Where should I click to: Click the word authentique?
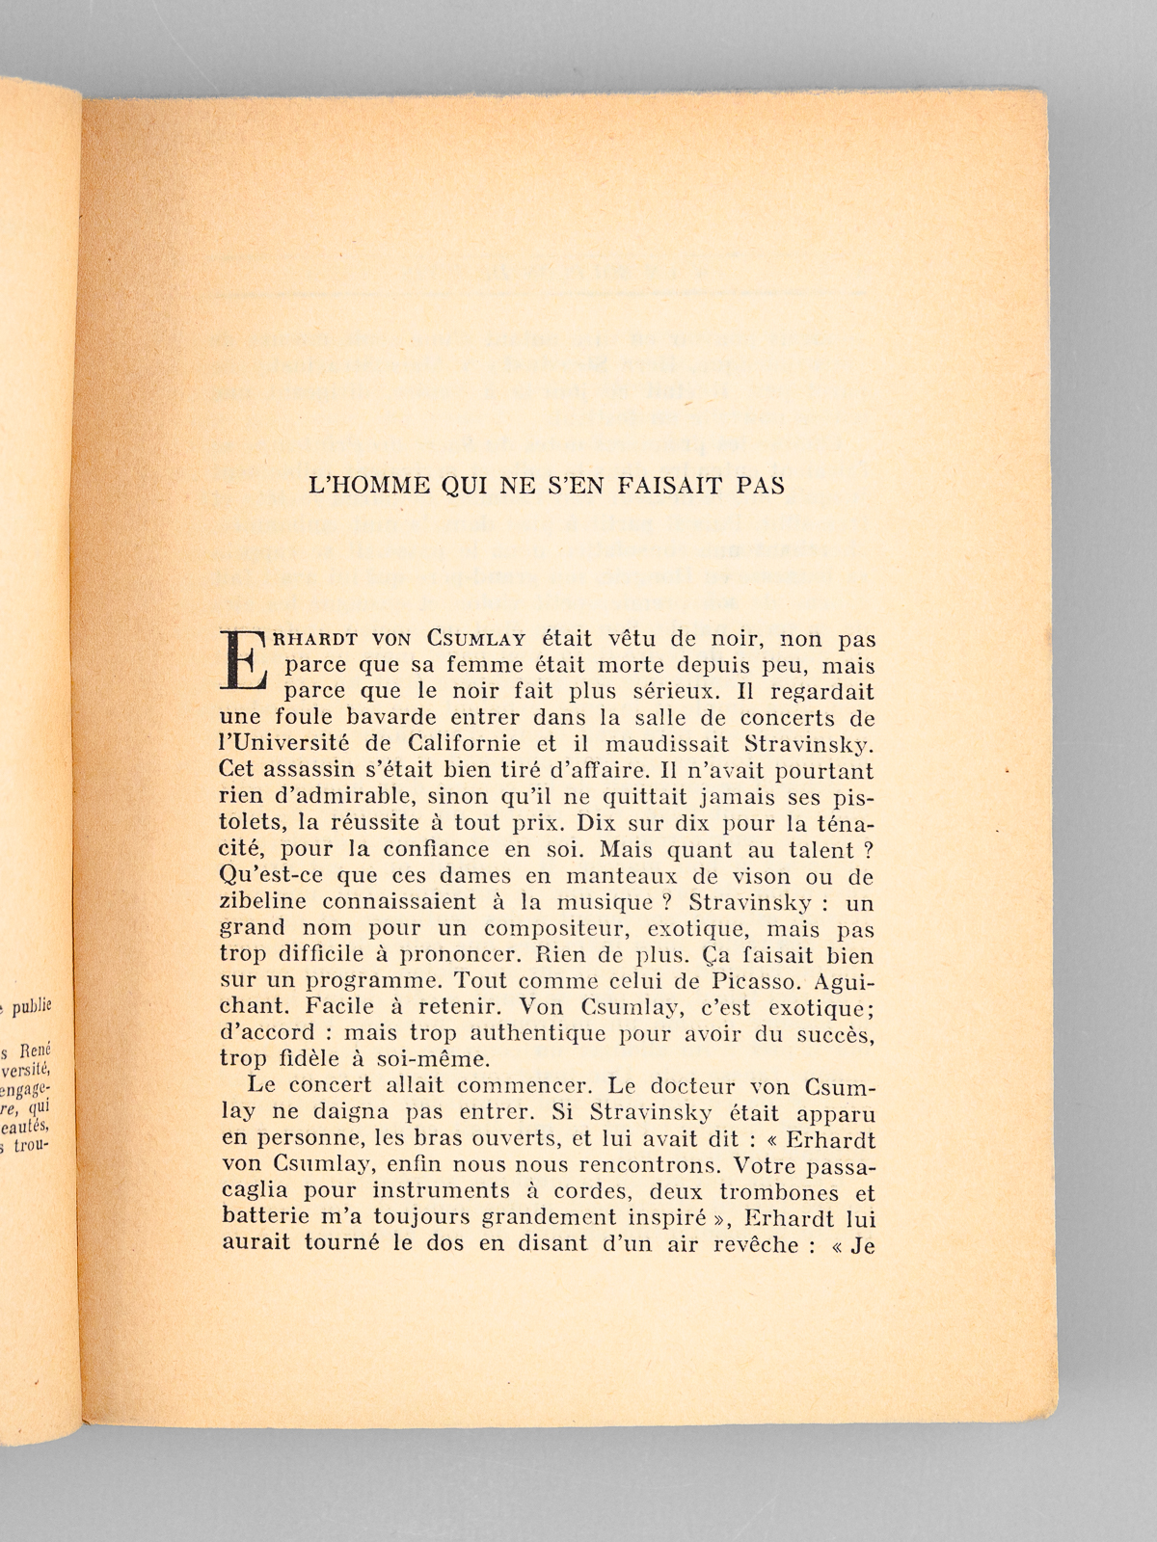click(x=530, y=1033)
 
